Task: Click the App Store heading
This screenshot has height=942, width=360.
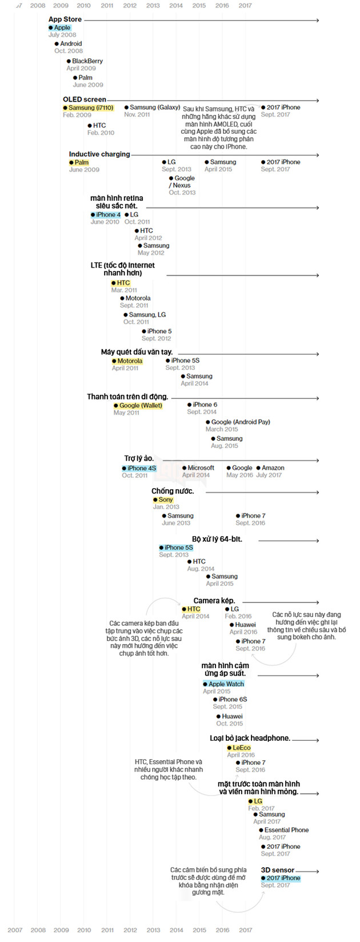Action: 65,19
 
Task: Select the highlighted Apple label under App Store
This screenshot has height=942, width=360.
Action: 62,27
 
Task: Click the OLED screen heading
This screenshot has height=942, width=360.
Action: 84,99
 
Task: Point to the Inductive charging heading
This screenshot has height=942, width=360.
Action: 99,154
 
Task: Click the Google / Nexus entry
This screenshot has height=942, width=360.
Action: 183,182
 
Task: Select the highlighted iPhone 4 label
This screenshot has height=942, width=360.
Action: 107,215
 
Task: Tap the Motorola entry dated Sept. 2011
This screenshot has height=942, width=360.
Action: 138,298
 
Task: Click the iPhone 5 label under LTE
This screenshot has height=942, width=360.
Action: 159,331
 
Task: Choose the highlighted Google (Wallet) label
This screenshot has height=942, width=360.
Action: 140,406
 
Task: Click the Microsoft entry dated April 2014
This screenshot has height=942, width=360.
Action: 201,468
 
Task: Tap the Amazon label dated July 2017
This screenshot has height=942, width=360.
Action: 273,468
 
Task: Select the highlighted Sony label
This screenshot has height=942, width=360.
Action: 165,500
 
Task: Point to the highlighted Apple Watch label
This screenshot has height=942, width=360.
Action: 226,684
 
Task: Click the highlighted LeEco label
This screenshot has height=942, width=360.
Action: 241,748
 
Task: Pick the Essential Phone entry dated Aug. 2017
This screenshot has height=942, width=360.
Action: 286,830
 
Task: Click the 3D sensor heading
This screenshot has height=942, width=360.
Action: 278,870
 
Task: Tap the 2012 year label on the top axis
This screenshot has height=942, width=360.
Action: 130,6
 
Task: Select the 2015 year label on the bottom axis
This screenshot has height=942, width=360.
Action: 199,930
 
